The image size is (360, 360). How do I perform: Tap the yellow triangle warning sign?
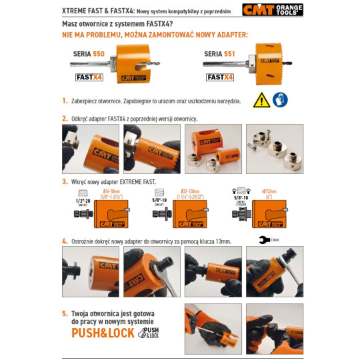(x=261, y=100)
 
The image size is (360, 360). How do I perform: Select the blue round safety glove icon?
(x=281, y=100)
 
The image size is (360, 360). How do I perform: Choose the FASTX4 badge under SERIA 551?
(x=220, y=77)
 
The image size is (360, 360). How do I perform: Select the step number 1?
(x=65, y=101)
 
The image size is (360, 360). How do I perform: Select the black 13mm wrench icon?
(x=265, y=240)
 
